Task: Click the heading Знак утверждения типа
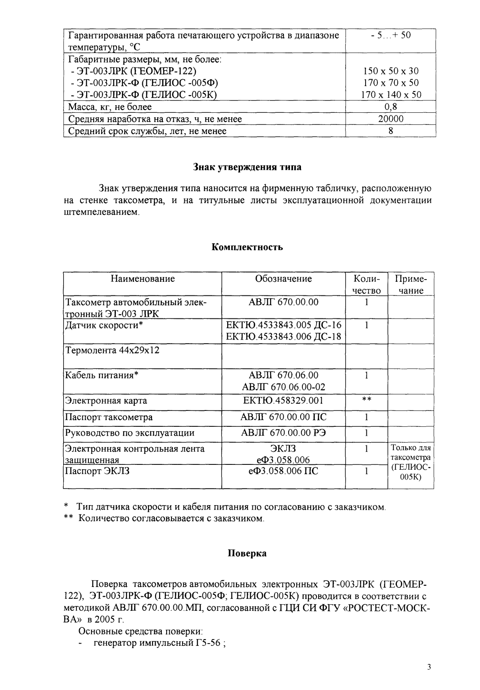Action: point(248,167)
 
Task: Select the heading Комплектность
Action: point(248,247)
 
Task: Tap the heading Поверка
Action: point(247,553)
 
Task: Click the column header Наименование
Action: point(142,279)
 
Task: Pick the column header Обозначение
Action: point(283,279)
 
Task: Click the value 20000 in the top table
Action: point(391,119)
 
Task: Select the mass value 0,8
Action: point(391,107)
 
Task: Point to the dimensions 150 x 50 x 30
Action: point(391,71)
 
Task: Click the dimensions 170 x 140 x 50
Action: point(391,95)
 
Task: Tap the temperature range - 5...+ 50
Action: point(391,35)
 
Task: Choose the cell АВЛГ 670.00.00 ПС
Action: point(283,417)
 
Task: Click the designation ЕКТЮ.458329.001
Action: point(283,401)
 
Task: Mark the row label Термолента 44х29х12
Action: point(112,350)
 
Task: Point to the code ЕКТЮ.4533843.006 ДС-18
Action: point(283,337)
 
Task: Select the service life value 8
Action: point(391,131)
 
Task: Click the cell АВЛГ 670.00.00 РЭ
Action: point(283,433)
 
